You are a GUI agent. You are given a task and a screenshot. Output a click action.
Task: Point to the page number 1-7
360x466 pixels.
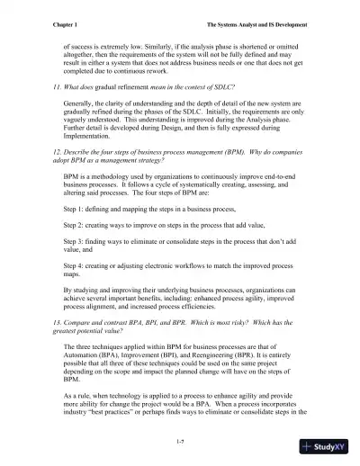click(181, 441)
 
